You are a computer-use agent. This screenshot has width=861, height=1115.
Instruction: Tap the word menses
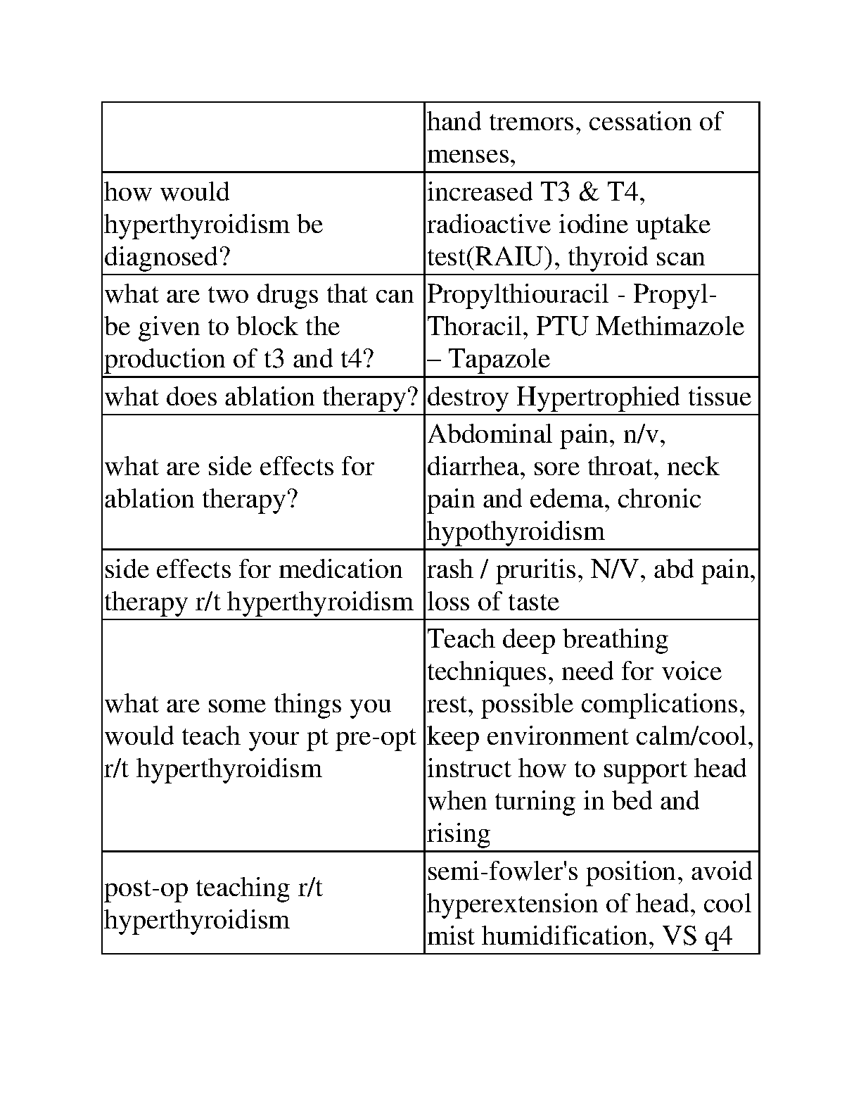(x=471, y=154)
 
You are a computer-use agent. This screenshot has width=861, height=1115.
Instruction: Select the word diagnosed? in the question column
(x=167, y=257)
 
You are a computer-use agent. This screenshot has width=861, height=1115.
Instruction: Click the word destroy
(x=468, y=397)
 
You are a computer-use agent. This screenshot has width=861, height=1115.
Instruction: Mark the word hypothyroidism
(x=516, y=531)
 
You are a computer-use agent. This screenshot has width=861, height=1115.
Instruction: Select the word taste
(x=535, y=602)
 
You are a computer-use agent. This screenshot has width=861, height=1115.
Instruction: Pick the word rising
(x=459, y=833)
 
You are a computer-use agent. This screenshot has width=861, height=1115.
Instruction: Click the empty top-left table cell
(x=263, y=137)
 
